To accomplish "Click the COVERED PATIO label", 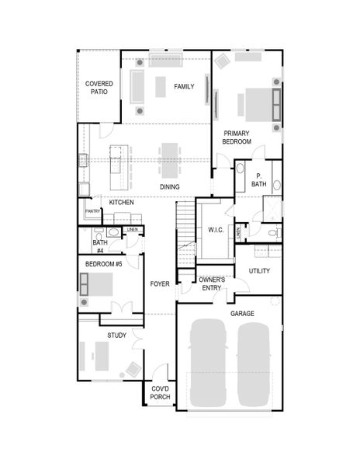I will point(99,87).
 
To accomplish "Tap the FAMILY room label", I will point(184,86).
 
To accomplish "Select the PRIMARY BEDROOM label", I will point(237,137).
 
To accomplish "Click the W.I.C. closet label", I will point(215,230).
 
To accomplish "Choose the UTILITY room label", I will point(259,270).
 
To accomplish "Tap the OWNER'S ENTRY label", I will point(211,283).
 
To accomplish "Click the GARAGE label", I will point(242,314).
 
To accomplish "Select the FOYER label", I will point(160,283).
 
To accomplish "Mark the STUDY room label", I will point(117,336).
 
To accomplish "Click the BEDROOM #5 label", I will point(104,264).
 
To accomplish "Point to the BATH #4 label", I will point(100,246).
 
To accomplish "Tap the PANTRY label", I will point(93,211).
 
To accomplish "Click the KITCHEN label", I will point(121,202).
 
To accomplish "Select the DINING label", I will point(170,187).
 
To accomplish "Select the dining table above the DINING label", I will point(170,159).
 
